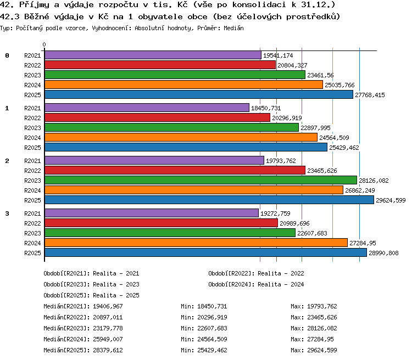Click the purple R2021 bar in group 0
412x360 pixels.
[x=153, y=55]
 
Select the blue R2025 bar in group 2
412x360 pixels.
[x=209, y=200]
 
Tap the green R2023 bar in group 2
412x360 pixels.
[x=201, y=181]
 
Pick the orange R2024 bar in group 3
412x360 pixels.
[x=196, y=243]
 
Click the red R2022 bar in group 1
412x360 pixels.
[x=158, y=118]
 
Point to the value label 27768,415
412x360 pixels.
[x=370, y=95]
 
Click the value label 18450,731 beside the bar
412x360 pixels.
[x=266, y=108]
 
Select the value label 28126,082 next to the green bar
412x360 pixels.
[x=374, y=181]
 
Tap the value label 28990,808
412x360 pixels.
[x=383, y=253]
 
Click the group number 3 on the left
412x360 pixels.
[x=7, y=213]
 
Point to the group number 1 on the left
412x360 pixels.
[x=7, y=108]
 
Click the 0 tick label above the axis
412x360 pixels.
[x=44, y=44]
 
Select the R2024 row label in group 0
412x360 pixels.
[x=32, y=85]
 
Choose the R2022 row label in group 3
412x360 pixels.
[x=32, y=223]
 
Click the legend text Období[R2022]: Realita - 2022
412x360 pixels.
[x=256, y=274]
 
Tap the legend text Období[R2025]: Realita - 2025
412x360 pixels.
[x=91, y=295]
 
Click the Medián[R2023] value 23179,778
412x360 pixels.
[x=108, y=329]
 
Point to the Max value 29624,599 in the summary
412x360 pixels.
[x=322, y=350]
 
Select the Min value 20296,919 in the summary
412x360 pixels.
[x=212, y=317]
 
